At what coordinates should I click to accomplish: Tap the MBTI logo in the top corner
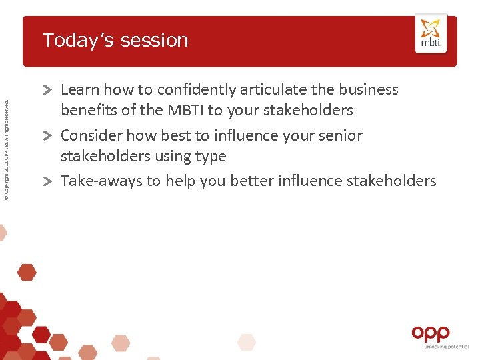coord(431,33)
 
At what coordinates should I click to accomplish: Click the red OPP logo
coord(431,333)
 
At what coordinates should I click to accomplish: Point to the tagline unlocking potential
coord(441,347)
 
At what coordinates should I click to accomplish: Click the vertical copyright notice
coord(7,147)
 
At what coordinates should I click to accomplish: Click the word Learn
coord(79,89)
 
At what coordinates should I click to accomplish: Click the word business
coord(367,89)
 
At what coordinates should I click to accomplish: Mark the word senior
coord(340,135)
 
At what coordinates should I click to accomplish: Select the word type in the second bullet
coord(210,157)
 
